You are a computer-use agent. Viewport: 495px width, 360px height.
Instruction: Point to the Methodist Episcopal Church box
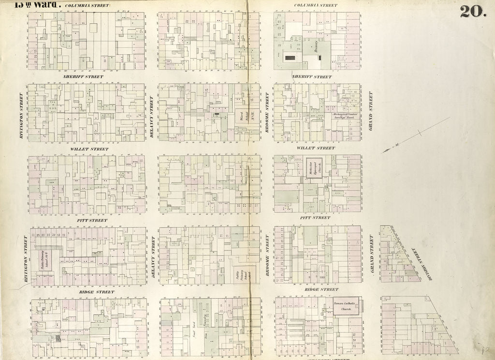pos(314,167)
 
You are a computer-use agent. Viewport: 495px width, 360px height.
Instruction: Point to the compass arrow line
pos(416,135)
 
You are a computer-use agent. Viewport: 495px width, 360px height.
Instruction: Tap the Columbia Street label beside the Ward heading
pos(87,6)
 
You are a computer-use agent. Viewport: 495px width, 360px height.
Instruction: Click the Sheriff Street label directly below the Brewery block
pos(312,76)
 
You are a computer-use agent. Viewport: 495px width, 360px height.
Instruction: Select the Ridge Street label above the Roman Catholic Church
pos(318,289)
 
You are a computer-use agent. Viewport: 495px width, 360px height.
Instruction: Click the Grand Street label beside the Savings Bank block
pos(371,104)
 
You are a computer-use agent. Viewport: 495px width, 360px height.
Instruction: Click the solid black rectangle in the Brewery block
pos(291,58)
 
